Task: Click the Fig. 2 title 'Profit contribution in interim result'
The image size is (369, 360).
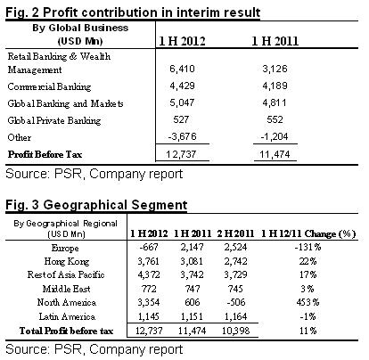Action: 152,12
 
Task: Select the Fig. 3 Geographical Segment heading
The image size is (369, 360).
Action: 96,205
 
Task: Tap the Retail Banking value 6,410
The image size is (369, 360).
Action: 182,69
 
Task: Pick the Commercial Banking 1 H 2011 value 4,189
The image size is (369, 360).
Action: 275,86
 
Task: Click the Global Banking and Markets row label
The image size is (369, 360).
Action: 65,103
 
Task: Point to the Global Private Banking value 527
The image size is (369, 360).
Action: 181,119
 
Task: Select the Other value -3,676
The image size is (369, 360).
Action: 182,136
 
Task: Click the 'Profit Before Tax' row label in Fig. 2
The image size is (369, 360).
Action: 45,154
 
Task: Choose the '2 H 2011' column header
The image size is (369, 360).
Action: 235,233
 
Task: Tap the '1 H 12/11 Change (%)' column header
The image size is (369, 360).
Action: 308,233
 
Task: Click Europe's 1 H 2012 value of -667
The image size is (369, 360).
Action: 149,247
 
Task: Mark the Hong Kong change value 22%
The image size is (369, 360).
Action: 307,261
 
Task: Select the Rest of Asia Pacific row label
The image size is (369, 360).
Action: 66,274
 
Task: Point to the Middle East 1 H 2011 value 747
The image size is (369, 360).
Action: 193,289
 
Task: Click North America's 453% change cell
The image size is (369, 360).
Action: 307,302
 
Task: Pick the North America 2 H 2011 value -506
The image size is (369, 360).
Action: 235,302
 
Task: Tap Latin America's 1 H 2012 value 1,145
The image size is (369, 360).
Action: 149,316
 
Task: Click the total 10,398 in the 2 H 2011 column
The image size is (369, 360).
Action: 235,331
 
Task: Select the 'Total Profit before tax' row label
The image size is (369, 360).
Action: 66,331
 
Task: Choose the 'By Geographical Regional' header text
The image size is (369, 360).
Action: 66,224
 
